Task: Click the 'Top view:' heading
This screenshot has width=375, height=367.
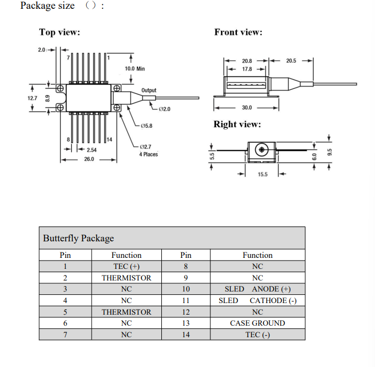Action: (60, 33)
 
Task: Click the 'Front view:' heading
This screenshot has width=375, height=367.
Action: (238, 33)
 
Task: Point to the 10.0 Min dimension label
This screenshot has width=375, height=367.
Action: (135, 69)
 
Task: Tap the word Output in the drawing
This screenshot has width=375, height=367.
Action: (149, 90)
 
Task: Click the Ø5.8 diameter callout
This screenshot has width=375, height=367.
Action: (146, 126)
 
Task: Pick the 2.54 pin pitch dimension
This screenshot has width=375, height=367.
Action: (92, 150)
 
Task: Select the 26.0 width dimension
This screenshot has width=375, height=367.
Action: (89, 159)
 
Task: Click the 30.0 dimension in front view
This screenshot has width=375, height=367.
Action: (246, 107)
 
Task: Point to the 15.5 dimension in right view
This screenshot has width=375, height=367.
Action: (262, 175)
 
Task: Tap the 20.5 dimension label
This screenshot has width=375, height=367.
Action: (291, 61)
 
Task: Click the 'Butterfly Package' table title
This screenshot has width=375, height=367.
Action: (78, 238)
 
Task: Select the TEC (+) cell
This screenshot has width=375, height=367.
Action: (126, 267)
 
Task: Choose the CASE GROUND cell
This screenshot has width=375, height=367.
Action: (257, 323)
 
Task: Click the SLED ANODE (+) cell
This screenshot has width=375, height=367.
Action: (257, 289)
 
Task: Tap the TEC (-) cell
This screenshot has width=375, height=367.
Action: (257, 334)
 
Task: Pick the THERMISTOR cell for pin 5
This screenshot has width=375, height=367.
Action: (126, 312)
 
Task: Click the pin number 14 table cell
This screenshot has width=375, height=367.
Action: (186, 334)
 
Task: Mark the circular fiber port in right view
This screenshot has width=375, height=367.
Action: (262, 149)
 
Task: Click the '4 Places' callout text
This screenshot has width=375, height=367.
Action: (148, 154)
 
